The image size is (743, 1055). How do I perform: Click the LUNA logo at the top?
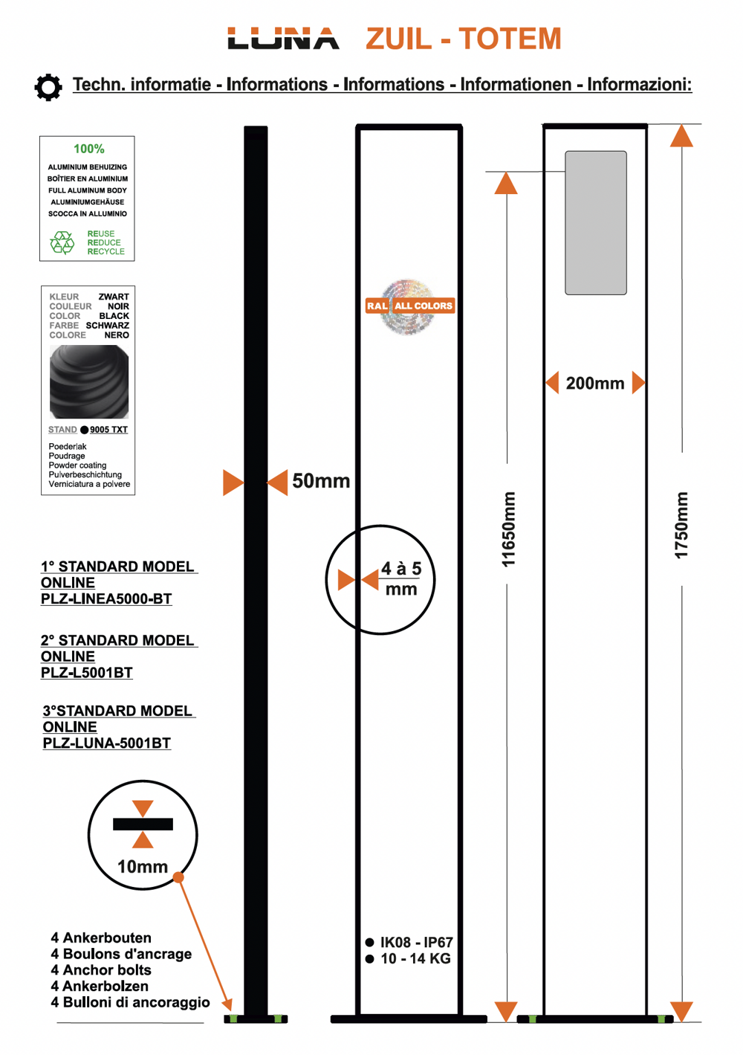(x=283, y=39)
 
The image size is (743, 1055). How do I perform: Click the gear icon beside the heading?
(x=48, y=87)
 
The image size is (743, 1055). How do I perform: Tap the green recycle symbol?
(x=62, y=242)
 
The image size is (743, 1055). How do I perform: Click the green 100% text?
(x=88, y=149)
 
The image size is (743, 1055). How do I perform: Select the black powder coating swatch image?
(x=89, y=381)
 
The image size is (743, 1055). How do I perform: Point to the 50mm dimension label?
(x=321, y=481)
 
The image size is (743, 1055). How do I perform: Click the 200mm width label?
(x=595, y=384)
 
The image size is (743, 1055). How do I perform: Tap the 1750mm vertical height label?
(x=681, y=525)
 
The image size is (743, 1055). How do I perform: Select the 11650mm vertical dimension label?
(x=508, y=529)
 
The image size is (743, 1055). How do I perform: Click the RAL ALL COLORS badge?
(x=409, y=306)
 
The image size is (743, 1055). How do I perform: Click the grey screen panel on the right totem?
(x=596, y=222)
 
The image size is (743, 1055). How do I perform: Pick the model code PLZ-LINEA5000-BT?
(x=106, y=599)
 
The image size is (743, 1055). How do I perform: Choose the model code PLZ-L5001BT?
(x=87, y=673)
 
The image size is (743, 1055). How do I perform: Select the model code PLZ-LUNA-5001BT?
(x=107, y=743)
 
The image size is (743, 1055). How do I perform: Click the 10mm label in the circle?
(x=143, y=867)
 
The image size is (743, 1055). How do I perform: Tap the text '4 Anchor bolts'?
(x=101, y=970)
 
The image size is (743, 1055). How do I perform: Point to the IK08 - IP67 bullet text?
(x=416, y=943)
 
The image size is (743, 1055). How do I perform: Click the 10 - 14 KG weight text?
(x=415, y=959)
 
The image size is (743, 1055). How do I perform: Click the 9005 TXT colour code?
(x=108, y=430)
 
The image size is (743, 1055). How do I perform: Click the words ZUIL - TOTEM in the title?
(x=464, y=39)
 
